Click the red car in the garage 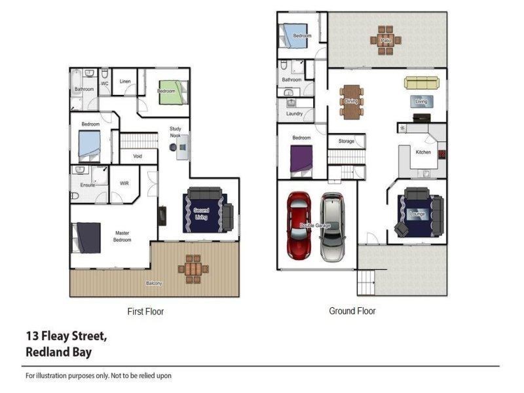pyautogui.click(x=299, y=225)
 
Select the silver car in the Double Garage pyautogui.click(x=331, y=227)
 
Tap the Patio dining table pyautogui.click(x=386, y=39)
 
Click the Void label pyautogui.click(x=138, y=157)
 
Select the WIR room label pyautogui.click(x=124, y=184)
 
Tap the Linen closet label pyautogui.click(x=125, y=82)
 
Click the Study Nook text pyautogui.click(x=175, y=132)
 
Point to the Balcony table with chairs pyautogui.click(x=193, y=269)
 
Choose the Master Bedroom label pyautogui.click(x=122, y=236)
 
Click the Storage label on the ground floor pyautogui.click(x=346, y=141)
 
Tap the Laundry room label pyautogui.click(x=294, y=114)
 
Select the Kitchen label pyautogui.click(x=423, y=153)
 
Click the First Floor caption pyautogui.click(x=145, y=312)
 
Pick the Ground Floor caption pyautogui.click(x=352, y=311)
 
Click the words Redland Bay pyautogui.click(x=58, y=352)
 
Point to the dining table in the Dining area pyautogui.click(x=352, y=102)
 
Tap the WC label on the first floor pyautogui.click(x=103, y=84)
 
